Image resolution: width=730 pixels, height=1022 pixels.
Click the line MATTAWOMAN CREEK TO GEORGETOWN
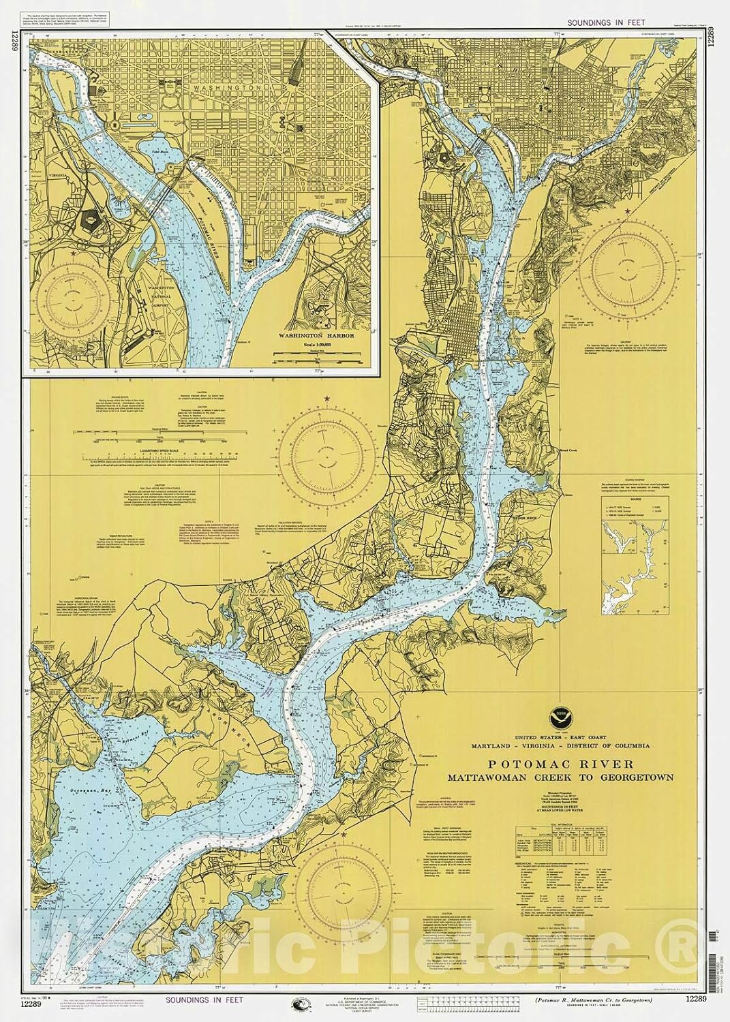[560, 777]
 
